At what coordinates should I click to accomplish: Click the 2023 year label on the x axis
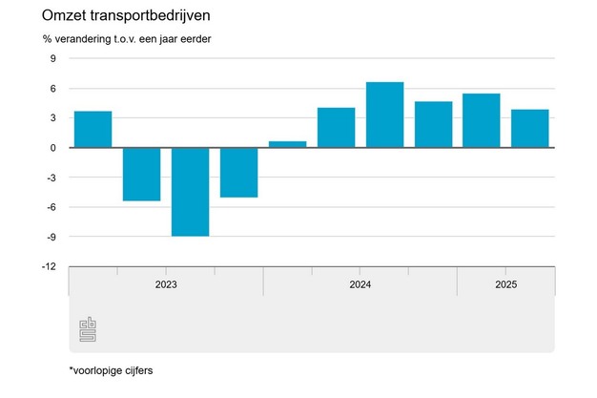[166, 284]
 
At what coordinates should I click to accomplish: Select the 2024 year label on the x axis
[360, 284]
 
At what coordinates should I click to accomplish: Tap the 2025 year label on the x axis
[505, 284]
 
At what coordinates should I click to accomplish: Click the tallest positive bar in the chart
[384, 115]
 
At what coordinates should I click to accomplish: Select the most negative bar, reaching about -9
[190, 192]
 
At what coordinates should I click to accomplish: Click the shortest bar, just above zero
[287, 144]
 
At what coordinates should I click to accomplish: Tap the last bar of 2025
[529, 129]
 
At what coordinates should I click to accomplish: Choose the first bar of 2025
[481, 120]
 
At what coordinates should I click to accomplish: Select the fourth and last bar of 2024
[433, 124]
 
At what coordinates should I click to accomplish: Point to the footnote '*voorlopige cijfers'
[110, 369]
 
